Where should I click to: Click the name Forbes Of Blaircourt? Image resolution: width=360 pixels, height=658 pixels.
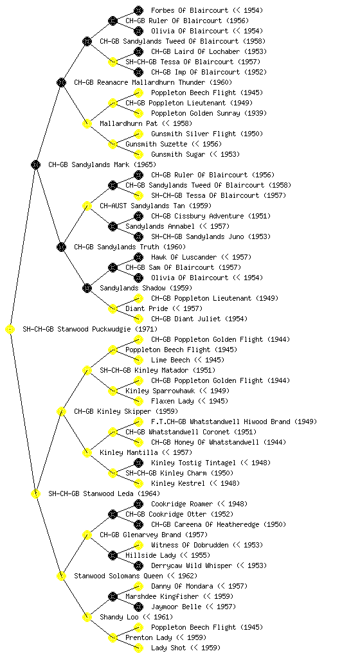pyautogui.click(x=190, y=10)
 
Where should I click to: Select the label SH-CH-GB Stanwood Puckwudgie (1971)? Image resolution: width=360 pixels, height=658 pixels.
pyautogui.click(x=90, y=329)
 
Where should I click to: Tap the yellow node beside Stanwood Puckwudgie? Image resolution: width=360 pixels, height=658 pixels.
pyautogui.click(x=10, y=330)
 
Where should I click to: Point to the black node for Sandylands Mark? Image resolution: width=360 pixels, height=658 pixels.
pyautogui.click(x=35, y=165)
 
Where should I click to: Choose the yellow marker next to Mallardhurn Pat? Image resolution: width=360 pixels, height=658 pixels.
pyautogui.click(x=87, y=124)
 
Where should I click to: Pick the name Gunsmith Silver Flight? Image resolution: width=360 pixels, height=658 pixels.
pyautogui.click(x=194, y=134)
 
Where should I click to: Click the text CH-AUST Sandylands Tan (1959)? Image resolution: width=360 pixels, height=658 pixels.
pyautogui.click(x=156, y=206)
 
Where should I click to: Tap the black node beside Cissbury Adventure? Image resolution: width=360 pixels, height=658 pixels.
pyautogui.click(x=138, y=216)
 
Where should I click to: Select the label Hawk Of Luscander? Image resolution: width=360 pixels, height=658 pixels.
pyautogui.click(x=184, y=257)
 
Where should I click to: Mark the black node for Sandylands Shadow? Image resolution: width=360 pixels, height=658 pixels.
pyautogui.click(x=87, y=289)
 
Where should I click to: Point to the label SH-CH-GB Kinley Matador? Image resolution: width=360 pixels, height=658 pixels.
pyautogui.click(x=145, y=370)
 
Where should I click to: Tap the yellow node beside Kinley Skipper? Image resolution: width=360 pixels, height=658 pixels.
pyautogui.click(x=61, y=412)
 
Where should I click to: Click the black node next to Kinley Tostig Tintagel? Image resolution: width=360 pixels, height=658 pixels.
pyautogui.click(x=138, y=463)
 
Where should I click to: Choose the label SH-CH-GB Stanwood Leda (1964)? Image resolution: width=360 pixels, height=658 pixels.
pyautogui.click(x=104, y=493)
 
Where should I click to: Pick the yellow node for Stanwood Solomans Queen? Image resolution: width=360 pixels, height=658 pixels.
pyautogui.click(x=61, y=576)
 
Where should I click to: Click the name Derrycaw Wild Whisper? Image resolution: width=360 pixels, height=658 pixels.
pyautogui.click(x=192, y=565)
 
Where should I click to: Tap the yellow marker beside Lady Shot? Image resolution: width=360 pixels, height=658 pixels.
pyautogui.click(x=138, y=648)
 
